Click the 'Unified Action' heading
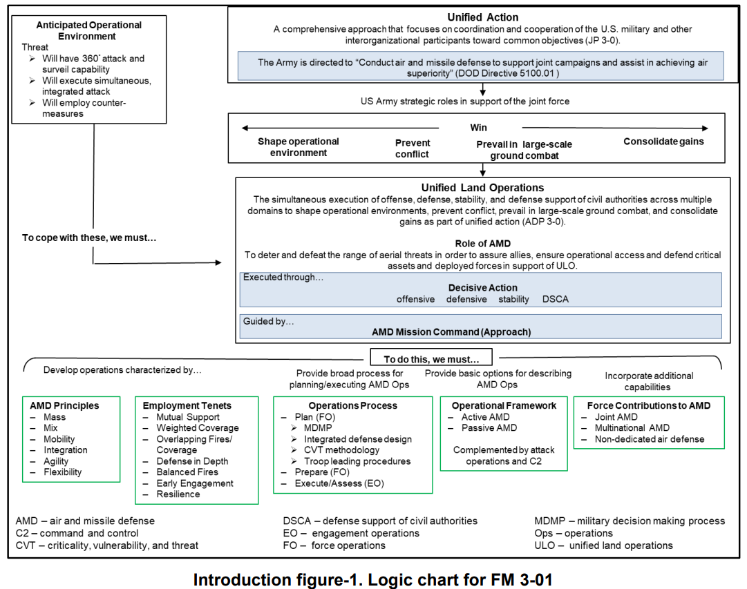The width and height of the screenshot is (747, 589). tap(482, 17)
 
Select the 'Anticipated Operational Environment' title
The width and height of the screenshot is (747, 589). tap(88, 30)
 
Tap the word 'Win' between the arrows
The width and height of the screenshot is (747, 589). tap(478, 128)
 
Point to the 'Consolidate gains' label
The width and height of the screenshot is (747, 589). tap(663, 142)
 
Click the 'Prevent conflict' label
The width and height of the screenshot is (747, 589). tap(412, 148)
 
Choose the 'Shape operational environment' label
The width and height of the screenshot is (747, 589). tap(299, 147)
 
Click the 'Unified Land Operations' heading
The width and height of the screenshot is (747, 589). tap(482, 188)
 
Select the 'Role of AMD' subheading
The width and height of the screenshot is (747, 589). tap(482, 243)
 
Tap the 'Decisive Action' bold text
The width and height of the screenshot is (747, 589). tap(482, 288)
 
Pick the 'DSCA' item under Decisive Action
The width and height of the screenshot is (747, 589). tap(556, 299)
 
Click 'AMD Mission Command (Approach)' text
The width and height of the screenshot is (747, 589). tap(451, 332)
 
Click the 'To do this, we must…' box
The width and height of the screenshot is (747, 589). tap(431, 358)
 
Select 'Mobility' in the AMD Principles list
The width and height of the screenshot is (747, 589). tap(59, 439)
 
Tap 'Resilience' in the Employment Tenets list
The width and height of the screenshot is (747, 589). tap(178, 494)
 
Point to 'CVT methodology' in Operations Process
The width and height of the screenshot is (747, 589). tap(341, 450)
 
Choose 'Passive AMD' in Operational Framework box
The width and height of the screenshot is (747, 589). tap(489, 428)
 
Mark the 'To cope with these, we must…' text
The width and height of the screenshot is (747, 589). tap(89, 238)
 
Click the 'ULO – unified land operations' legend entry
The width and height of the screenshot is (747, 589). tap(603, 545)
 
